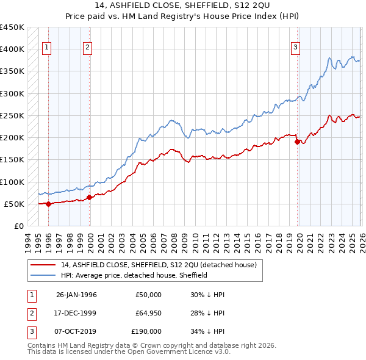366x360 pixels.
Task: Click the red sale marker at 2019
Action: coord(298,142)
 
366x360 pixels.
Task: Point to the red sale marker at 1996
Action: coord(49,204)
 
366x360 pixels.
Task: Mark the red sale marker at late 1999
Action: coord(90,197)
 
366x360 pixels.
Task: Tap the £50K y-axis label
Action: coord(15,204)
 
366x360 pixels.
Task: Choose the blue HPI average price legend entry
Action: coord(134,275)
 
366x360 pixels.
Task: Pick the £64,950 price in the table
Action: coord(148,313)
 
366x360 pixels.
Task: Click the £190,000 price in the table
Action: coord(146,331)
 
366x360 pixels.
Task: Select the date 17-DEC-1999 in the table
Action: coord(76,313)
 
